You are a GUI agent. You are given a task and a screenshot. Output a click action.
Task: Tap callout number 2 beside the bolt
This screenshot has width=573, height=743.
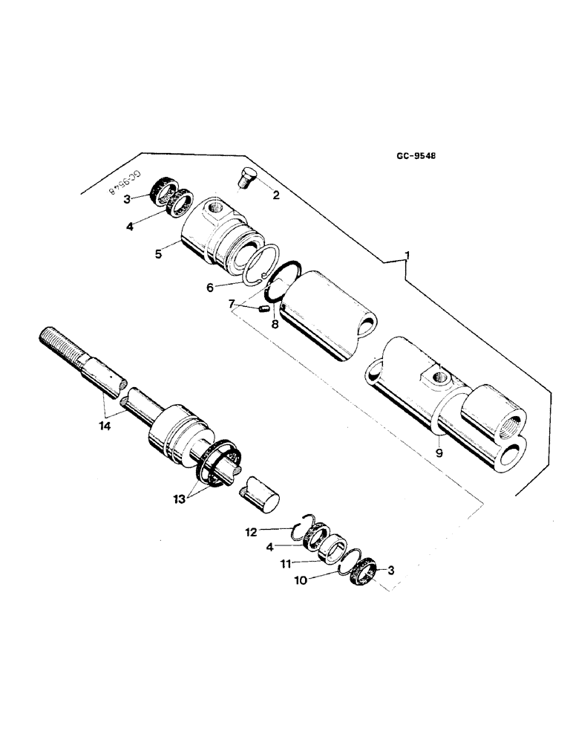click(x=276, y=197)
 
